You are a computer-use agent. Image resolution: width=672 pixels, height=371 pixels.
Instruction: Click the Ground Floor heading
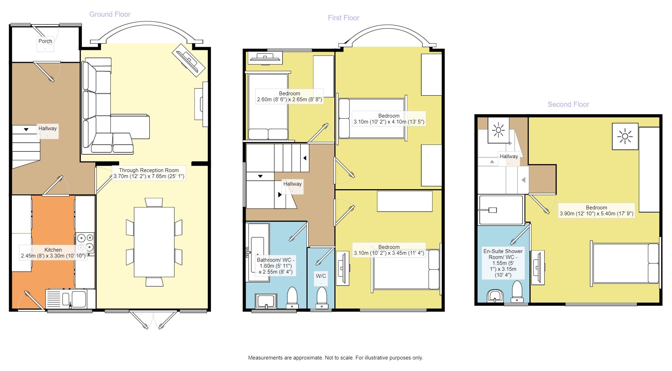(x=110, y=14)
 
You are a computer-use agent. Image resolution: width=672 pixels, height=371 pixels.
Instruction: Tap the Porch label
(x=45, y=41)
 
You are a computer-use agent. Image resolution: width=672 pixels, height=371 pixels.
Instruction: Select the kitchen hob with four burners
(x=85, y=243)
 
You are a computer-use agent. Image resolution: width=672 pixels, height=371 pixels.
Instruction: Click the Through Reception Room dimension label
(x=149, y=173)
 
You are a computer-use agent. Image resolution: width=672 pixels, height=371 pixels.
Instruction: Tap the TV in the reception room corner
(x=189, y=59)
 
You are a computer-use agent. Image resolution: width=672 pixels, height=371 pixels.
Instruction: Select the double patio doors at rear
(x=154, y=319)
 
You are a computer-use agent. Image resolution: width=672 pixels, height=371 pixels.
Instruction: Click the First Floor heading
(x=343, y=18)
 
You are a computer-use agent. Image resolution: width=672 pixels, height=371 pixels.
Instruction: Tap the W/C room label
(x=321, y=276)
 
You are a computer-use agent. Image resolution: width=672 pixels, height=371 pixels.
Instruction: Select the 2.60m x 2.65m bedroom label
(x=289, y=97)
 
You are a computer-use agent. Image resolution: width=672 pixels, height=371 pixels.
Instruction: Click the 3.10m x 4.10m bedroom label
(x=389, y=119)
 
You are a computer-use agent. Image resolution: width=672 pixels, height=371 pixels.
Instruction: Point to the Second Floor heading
(x=568, y=104)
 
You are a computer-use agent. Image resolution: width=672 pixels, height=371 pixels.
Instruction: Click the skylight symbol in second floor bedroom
(x=625, y=136)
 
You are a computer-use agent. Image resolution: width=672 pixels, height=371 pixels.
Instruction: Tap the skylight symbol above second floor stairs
(x=498, y=131)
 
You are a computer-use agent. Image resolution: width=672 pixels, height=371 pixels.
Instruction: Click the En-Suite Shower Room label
(x=503, y=263)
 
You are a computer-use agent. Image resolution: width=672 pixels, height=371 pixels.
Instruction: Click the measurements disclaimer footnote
(x=335, y=358)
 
